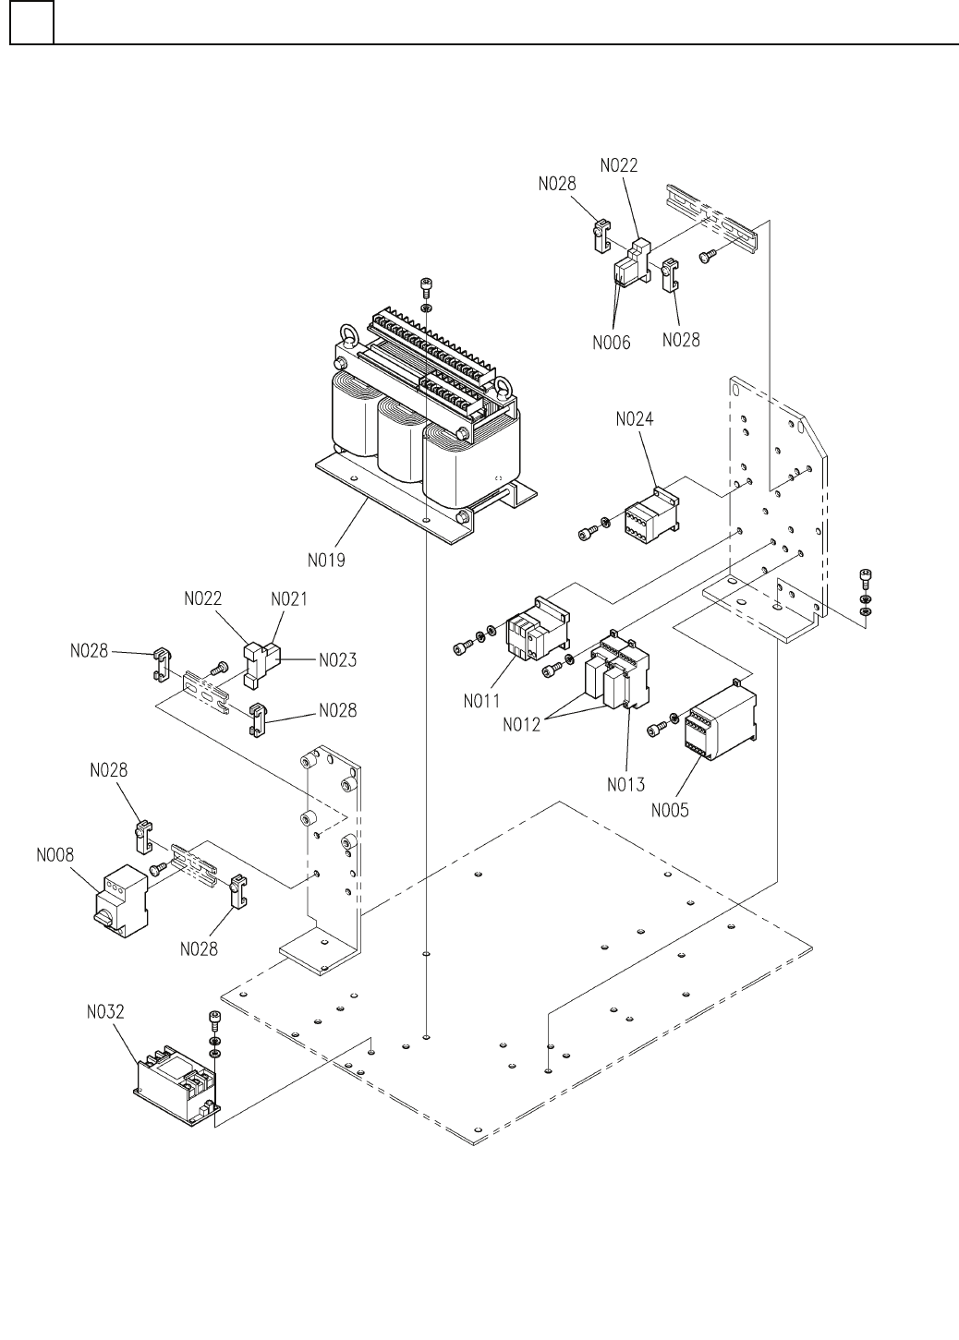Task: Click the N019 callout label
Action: pos(326,561)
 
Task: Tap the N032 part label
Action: pos(105,1011)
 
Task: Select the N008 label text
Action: pos(55,855)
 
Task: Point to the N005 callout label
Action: pos(670,811)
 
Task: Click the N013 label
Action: pos(625,784)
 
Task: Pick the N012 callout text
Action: pos(521,725)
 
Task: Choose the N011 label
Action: pos(482,701)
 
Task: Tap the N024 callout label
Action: pos(635,419)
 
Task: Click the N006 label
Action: pos(612,343)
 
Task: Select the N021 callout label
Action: pos(289,598)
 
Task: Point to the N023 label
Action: pos(337,659)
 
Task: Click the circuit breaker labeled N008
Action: pos(120,901)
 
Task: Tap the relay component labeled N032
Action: pos(176,1085)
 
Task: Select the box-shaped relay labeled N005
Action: pos(721,721)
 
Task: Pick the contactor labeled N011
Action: pos(538,628)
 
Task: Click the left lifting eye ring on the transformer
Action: pos(348,332)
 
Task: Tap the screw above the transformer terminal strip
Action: pos(427,284)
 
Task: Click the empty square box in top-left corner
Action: pos(31,22)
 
